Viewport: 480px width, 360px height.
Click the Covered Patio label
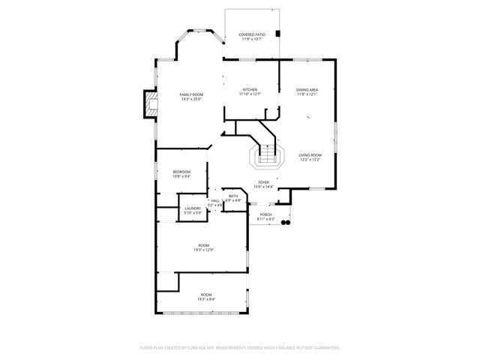252,34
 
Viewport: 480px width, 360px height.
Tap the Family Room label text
191,94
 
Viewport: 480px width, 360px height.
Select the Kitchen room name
249,90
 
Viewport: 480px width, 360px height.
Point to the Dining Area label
307,90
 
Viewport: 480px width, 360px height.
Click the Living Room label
310,155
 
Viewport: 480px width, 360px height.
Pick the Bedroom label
181,172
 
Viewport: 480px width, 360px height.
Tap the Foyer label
263,182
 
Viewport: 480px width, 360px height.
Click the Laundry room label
193,208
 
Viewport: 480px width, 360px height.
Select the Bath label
234,196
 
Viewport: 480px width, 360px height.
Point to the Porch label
265,214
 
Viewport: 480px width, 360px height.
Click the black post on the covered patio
278,34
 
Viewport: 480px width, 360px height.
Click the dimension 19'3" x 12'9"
203,250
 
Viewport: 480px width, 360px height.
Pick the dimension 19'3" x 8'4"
205,299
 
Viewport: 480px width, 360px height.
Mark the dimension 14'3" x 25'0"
191,99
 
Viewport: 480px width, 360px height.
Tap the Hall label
215,200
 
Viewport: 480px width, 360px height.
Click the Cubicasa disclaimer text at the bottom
240,347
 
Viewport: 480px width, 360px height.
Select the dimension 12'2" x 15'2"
310,160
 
